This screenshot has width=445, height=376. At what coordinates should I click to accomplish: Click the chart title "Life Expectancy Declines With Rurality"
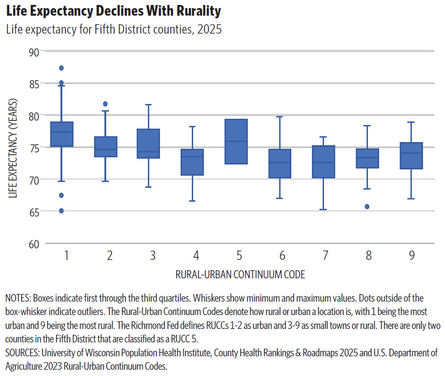point(113,10)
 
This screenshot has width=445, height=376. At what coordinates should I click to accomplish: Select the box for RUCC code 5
point(236,142)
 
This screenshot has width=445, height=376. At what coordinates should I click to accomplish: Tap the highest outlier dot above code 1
point(61,68)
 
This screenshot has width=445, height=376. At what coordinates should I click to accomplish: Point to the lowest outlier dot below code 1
point(61,211)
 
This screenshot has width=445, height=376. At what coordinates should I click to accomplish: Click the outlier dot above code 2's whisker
point(105,104)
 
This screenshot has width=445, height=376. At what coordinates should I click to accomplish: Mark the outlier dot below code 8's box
point(367,207)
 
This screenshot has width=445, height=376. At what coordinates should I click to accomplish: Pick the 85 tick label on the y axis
point(34,83)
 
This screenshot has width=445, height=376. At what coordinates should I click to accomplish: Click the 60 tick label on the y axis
point(34,244)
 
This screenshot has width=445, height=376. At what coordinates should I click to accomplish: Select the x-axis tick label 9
point(411,256)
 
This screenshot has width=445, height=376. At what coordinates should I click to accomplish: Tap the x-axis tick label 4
point(196,256)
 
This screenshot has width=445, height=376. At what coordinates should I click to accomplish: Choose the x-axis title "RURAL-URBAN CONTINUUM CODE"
point(240,275)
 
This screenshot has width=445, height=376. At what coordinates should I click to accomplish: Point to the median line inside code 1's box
point(62,132)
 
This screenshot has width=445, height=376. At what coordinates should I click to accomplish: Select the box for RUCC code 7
point(324,161)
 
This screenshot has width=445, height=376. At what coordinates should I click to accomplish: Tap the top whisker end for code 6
point(280,117)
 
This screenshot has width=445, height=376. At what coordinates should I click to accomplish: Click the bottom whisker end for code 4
point(192,201)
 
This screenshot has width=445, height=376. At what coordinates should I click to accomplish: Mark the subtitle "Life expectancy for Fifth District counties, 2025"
point(113,30)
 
